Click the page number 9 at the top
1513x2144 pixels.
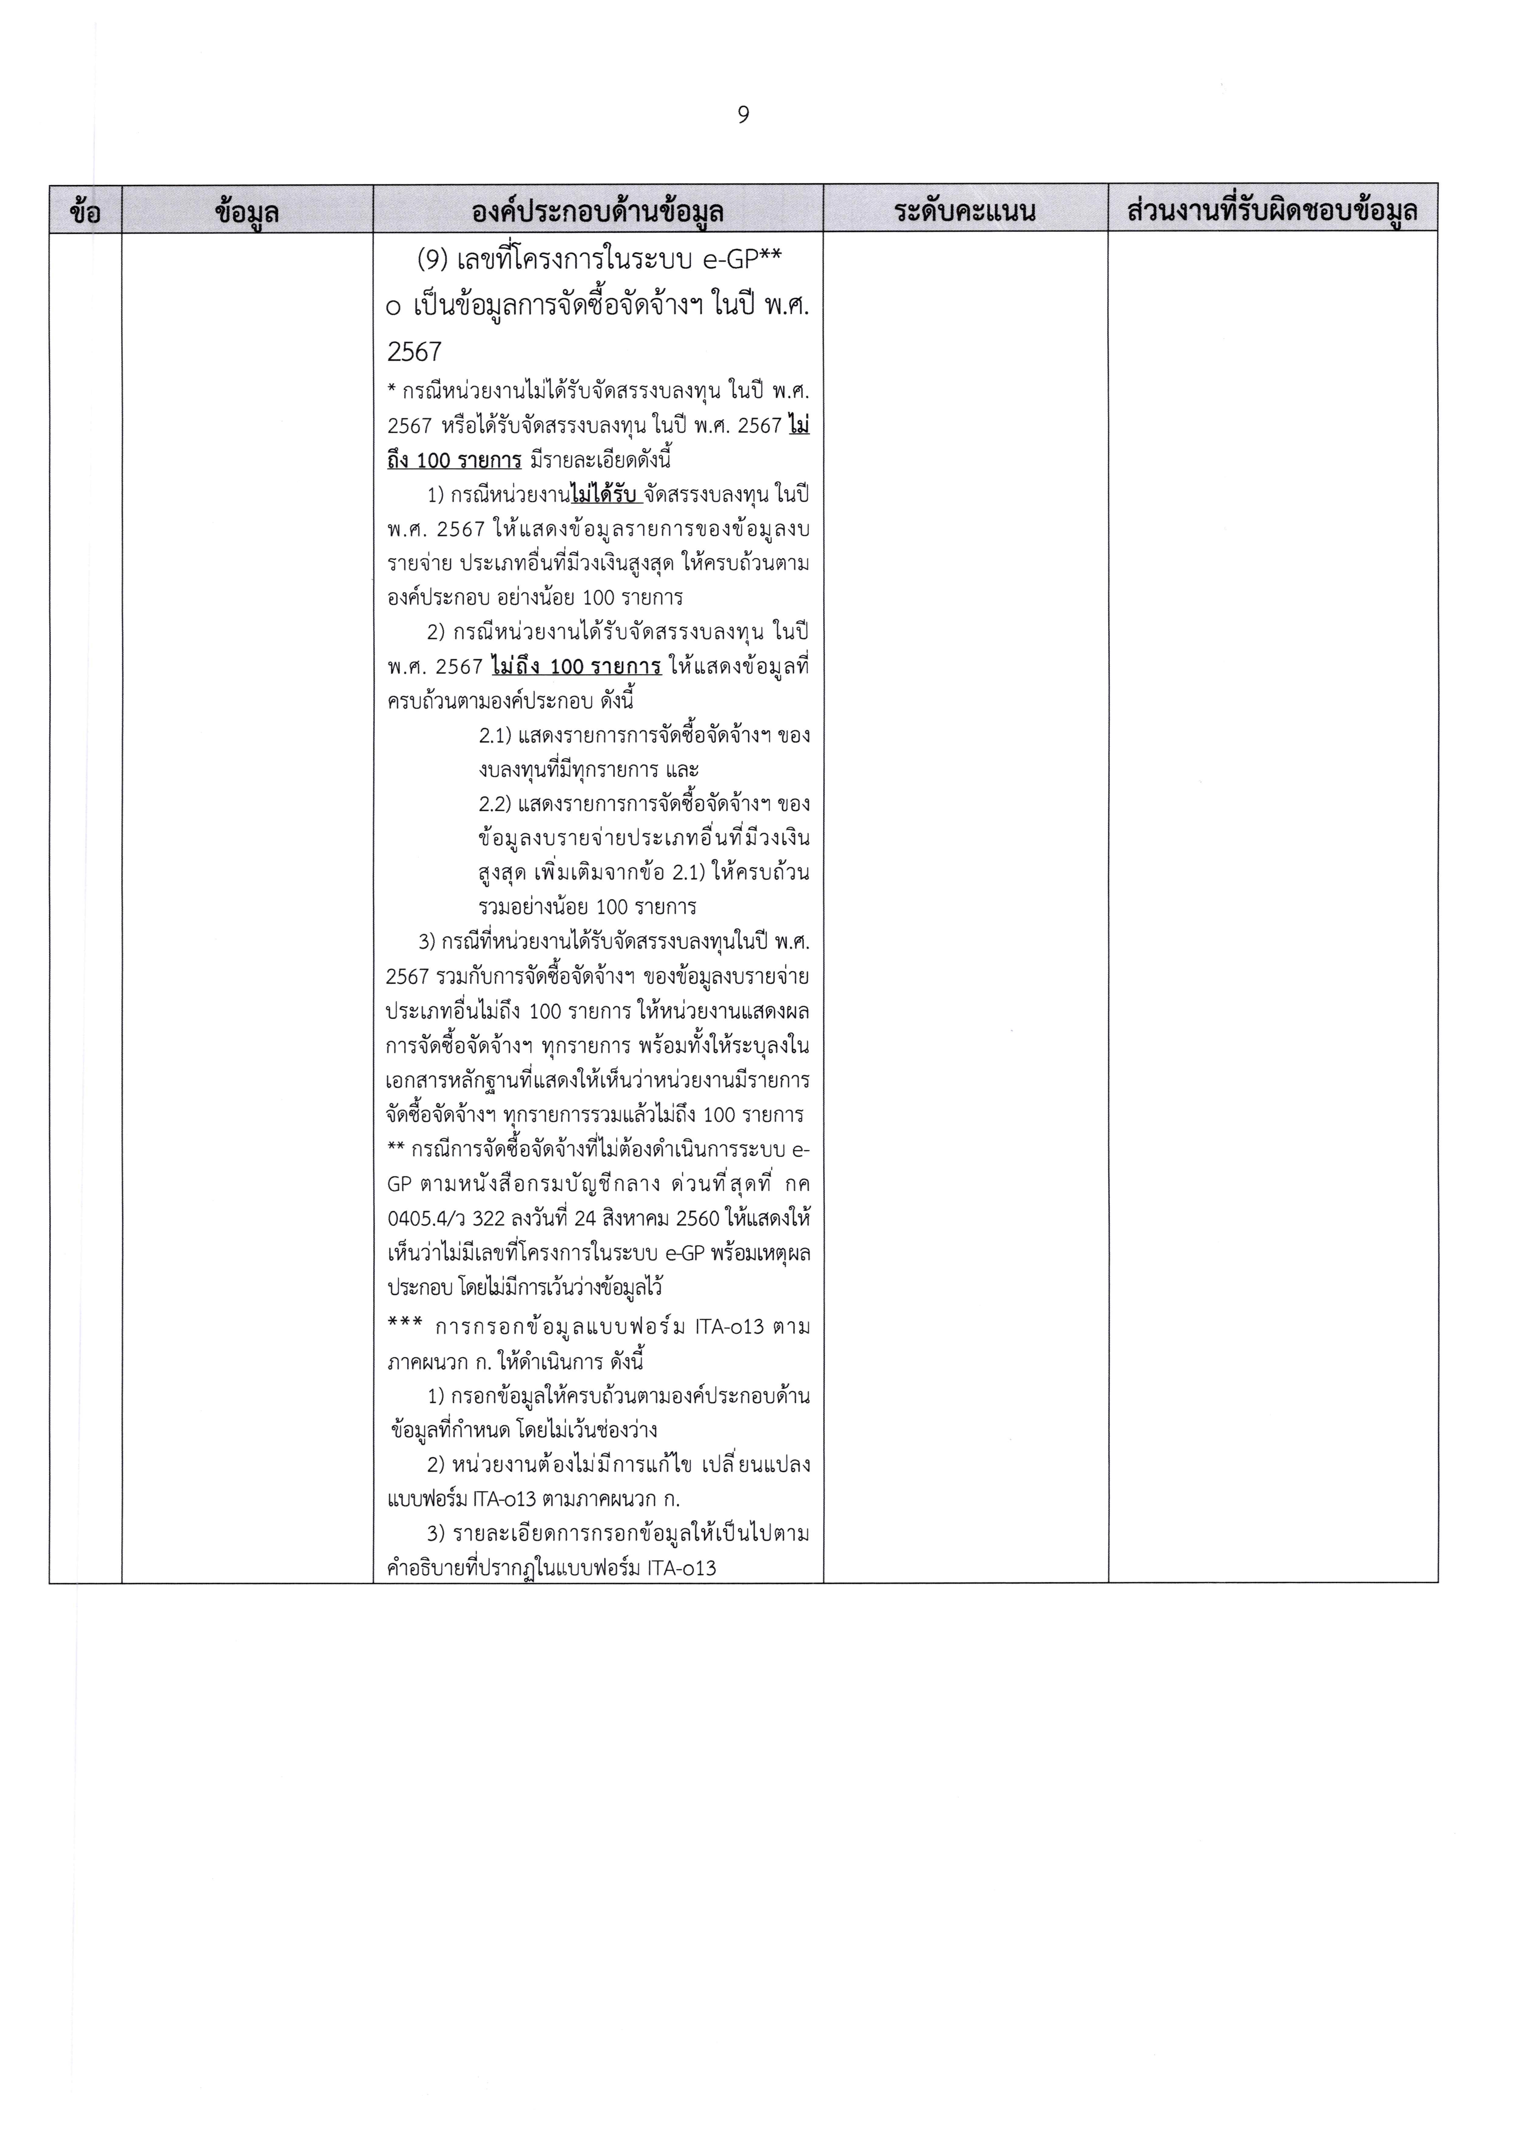[743, 115]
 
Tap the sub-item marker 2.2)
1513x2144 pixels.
[495, 804]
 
